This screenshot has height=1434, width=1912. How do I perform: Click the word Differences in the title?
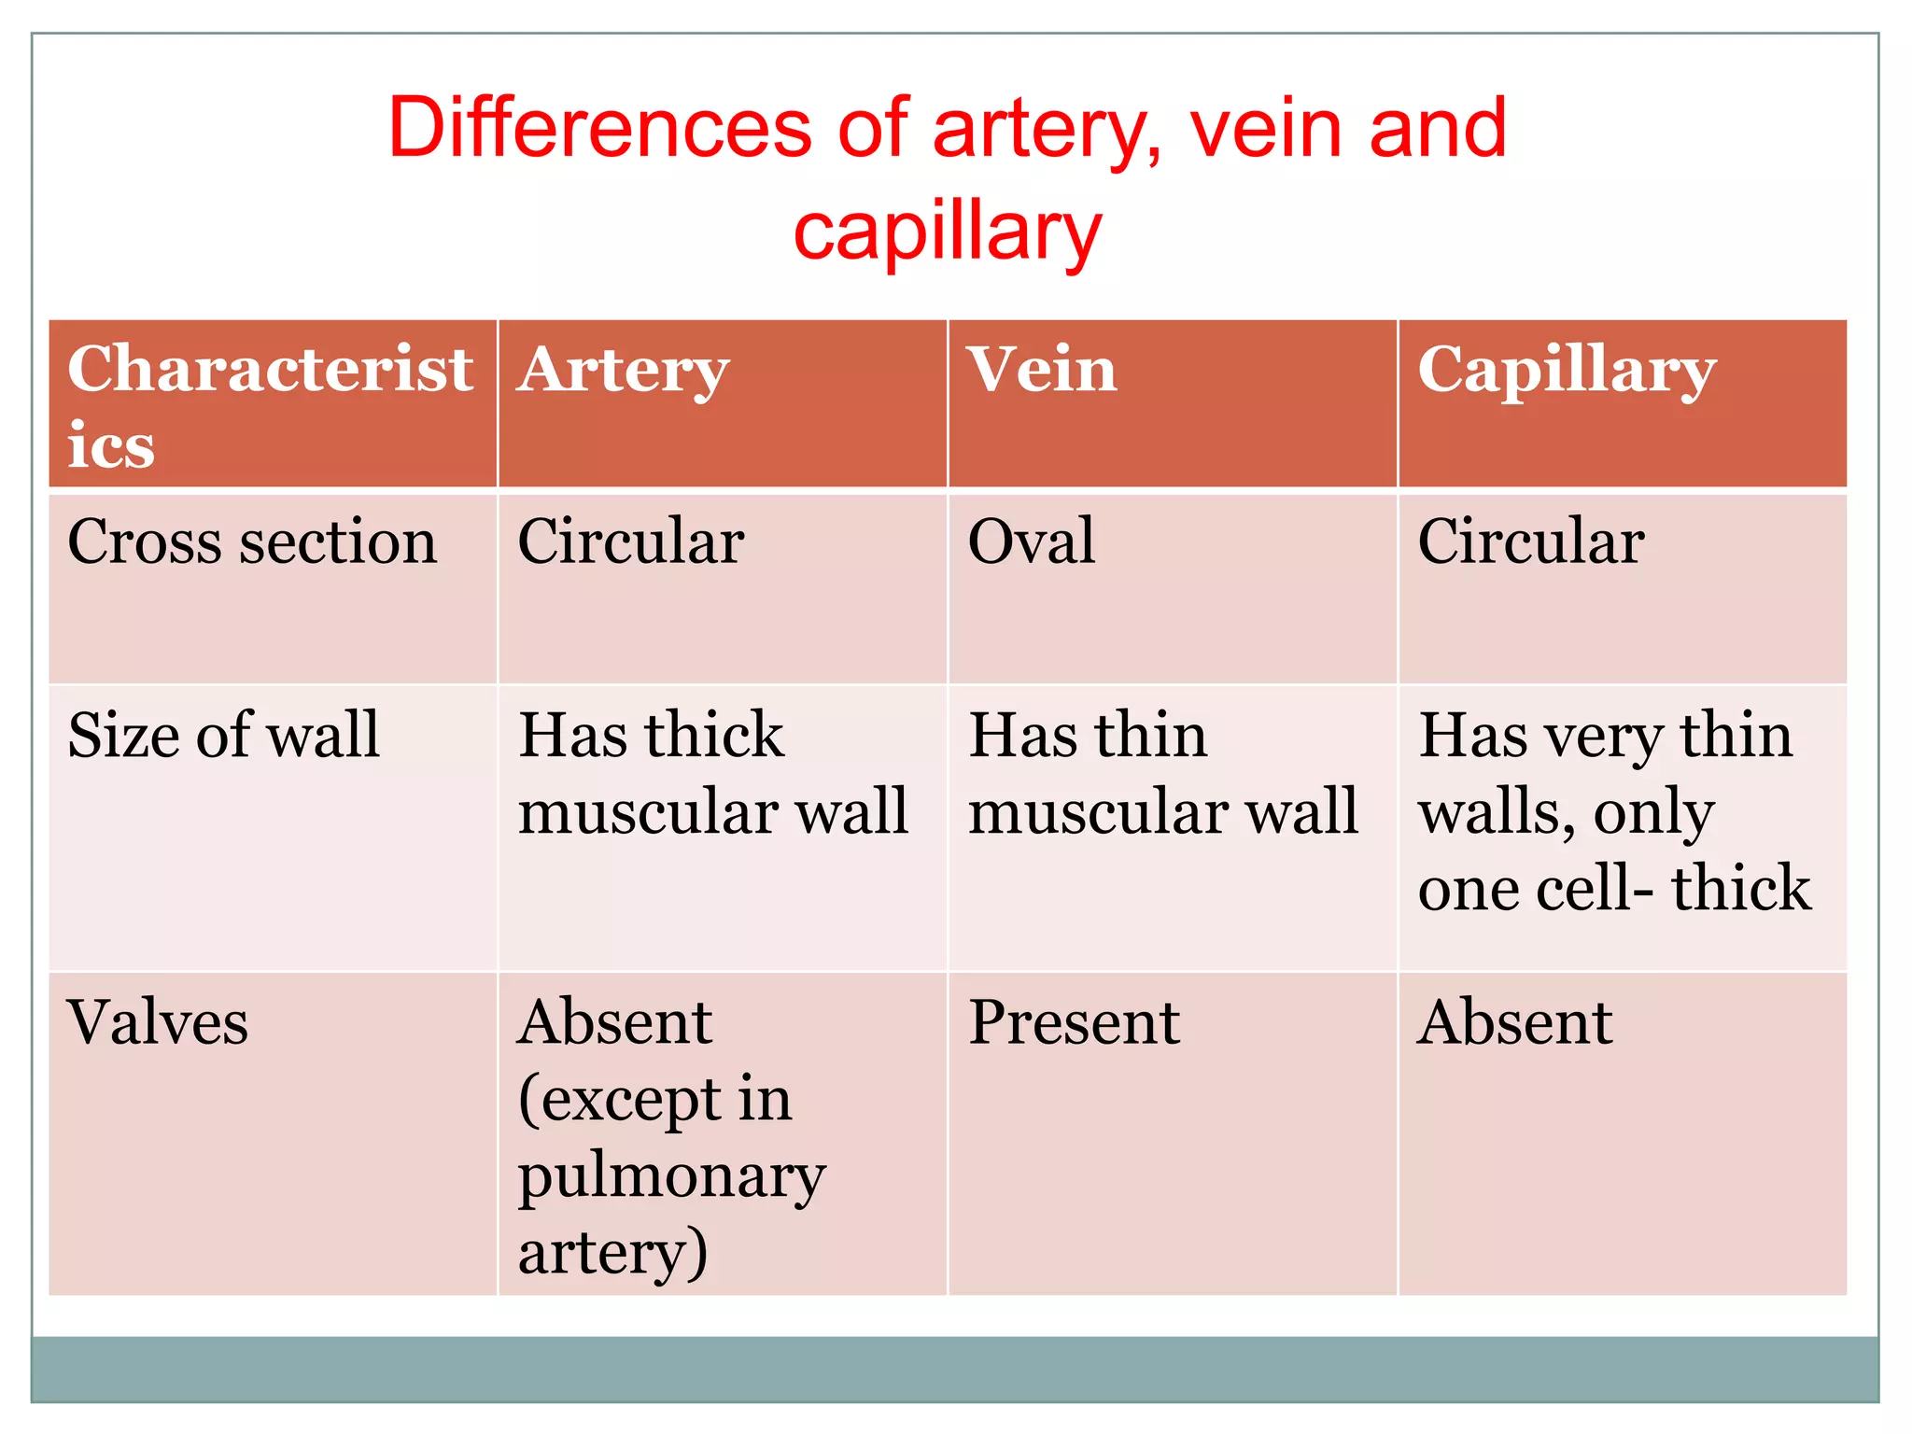click(x=600, y=128)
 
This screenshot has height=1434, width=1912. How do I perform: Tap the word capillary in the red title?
click(x=948, y=232)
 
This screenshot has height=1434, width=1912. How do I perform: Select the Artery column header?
click(x=623, y=371)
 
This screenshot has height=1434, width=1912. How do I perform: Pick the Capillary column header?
click(x=1567, y=371)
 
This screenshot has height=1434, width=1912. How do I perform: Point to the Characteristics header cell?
click(x=270, y=405)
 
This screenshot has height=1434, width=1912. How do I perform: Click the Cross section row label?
click(x=252, y=541)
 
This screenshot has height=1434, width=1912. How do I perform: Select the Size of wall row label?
click(x=224, y=735)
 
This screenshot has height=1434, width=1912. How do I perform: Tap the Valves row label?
click(x=158, y=1022)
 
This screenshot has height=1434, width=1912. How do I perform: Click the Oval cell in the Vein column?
click(x=1031, y=541)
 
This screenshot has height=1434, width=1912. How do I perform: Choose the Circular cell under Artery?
click(x=631, y=541)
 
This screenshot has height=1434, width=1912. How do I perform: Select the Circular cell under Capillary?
click(x=1531, y=541)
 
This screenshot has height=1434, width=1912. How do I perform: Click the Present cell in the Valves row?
click(x=1074, y=1022)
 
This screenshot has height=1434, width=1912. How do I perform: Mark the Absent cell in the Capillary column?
click(x=1515, y=1022)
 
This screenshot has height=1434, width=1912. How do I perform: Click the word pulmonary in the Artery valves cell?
click(x=671, y=1176)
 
